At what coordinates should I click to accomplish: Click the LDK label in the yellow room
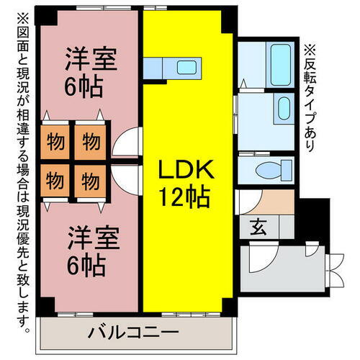pyautogui.click(x=186, y=169)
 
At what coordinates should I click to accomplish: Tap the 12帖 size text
pyautogui.click(x=185, y=197)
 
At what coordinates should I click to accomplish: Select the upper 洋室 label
pyautogui.click(x=91, y=59)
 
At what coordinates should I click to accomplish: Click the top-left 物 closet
pyautogui.click(x=55, y=142)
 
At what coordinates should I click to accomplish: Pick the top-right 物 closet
pyautogui.click(x=90, y=142)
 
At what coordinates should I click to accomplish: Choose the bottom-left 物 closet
pyautogui.click(x=55, y=181)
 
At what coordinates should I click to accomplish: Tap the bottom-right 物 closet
pyautogui.click(x=90, y=181)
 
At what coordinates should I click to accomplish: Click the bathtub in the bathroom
pyautogui.click(x=281, y=65)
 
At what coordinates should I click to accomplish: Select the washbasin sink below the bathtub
pyautogui.click(x=284, y=108)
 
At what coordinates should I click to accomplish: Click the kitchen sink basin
pyautogui.click(x=186, y=68)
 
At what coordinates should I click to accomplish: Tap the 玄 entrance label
pyautogui.click(x=258, y=227)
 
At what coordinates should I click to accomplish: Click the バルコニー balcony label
pyautogui.click(x=133, y=333)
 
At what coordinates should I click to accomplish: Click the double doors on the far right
pyautogui.click(x=336, y=271)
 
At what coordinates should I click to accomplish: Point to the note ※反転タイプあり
pyautogui.click(x=310, y=98)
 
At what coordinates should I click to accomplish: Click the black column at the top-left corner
pyautogui.click(x=46, y=16)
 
